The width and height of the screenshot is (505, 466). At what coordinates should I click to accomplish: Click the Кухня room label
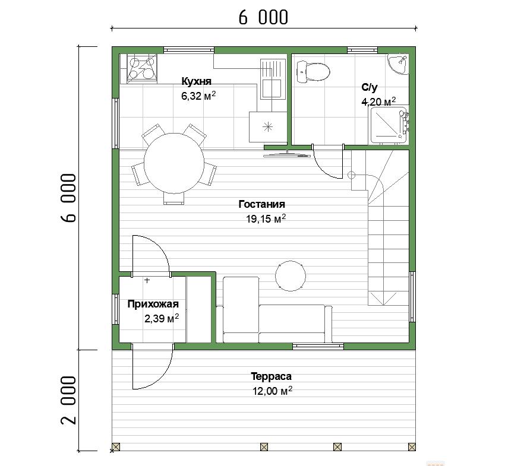[x=197, y=81]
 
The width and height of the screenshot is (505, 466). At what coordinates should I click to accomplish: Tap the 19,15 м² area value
[x=266, y=219]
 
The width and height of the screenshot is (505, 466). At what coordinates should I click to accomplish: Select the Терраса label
[x=271, y=376]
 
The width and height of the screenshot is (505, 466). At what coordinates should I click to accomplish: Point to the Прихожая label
[x=153, y=304]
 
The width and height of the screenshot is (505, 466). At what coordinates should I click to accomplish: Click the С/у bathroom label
[x=370, y=87]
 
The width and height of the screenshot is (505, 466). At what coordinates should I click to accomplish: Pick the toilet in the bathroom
[x=313, y=71]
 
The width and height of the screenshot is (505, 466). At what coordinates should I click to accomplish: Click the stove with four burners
[x=142, y=68]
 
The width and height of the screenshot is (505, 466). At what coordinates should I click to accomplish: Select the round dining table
[x=174, y=163]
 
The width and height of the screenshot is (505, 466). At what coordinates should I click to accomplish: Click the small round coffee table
[x=291, y=276]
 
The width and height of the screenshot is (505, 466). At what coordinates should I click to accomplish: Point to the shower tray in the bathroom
[x=388, y=125]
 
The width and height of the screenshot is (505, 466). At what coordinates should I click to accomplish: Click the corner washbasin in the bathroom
[x=398, y=64]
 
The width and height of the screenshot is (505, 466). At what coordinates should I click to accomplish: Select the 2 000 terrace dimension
[x=69, y=400]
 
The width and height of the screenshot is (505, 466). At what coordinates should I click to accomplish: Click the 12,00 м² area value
[x=273, y=391]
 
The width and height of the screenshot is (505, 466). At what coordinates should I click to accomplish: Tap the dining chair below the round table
[x=174, y=198]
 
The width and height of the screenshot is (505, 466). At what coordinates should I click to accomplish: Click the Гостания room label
[x=262, y=204]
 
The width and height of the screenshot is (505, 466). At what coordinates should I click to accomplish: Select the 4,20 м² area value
[x=379, y=102]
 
